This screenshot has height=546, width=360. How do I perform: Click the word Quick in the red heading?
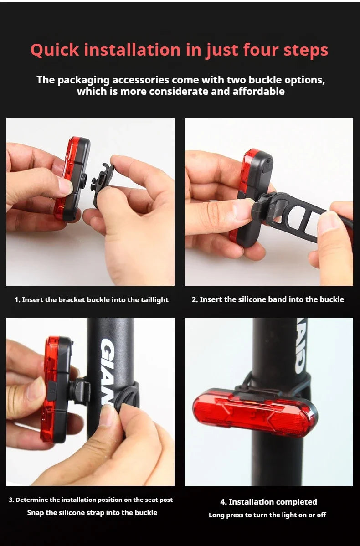(55, 50)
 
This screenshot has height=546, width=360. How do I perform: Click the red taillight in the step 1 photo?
(72, 179)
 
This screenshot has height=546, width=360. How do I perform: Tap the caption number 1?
(17, 300)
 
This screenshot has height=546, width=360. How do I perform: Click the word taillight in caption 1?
(154, 300)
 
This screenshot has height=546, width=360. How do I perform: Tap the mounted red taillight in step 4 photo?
(255, 413)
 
